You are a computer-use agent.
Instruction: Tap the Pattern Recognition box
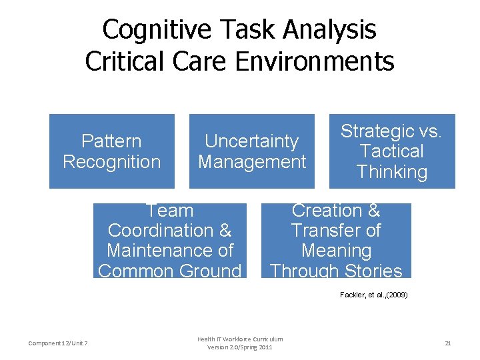tap(112, 151)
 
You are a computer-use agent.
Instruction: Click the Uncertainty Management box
tap(252, 151)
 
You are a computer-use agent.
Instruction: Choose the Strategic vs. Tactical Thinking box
tap(392, 151)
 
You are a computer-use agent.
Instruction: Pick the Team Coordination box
tap(169, 241)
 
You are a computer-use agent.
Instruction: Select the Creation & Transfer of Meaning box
tap(336, 241)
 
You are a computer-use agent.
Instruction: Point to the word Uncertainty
tap(251, 141)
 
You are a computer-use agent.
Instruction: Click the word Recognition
tap(112, 162)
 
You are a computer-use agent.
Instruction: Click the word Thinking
tap(392, 172)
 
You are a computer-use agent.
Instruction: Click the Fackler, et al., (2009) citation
tap(373, 294)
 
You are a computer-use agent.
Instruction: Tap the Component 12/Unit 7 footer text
tap(59, 343)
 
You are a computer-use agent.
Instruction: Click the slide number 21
tap(448, 343)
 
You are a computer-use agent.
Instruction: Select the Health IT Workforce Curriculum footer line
tap(240, 339)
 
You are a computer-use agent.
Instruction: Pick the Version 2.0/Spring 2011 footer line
tap(240, 347)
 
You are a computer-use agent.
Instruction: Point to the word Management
tap(252, 162)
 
